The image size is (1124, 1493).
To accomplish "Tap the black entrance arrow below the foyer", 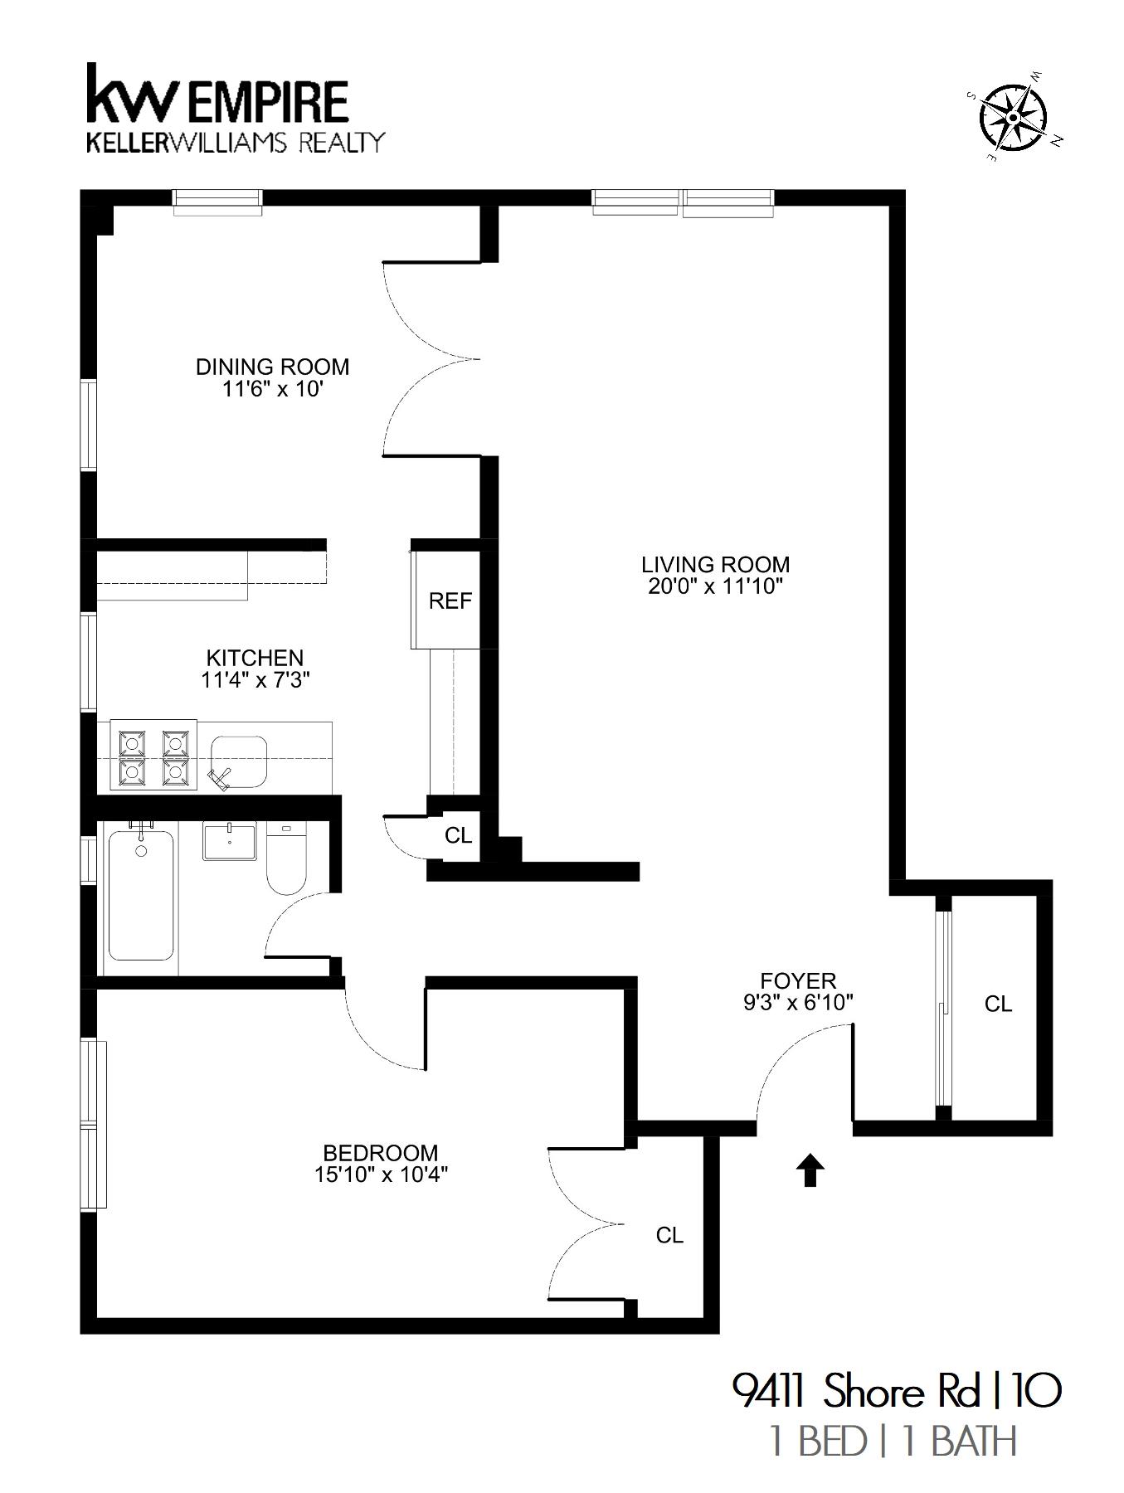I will coord(810,1171).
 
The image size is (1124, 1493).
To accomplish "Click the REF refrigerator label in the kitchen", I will coord(450,601).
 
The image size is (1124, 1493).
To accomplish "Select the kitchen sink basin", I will coord(239,761).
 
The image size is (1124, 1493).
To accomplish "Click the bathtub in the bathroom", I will coord(141,896).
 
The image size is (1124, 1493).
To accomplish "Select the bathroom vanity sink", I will coord(230,841).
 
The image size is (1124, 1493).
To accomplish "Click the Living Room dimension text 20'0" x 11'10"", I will coord(715,587).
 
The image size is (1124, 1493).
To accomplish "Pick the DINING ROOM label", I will coord(272,367).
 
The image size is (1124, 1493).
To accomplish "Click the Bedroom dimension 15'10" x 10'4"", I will coord(381,1174).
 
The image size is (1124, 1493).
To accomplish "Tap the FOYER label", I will coord(798,980).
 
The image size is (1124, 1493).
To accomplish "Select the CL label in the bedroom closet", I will coord(669,1235).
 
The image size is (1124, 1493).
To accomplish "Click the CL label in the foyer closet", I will coord(998,1004).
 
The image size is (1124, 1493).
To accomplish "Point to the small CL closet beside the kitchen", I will coord(458,835).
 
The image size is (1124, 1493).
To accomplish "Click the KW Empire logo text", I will coord(217,100).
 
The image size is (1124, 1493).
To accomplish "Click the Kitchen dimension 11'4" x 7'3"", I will coord(255,680).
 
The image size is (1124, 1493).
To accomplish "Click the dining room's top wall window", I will coord(217,201).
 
